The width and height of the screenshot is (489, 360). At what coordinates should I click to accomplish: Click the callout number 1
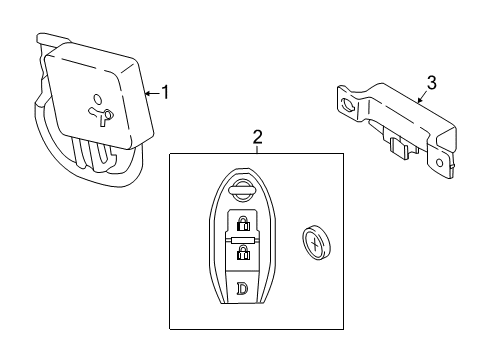point(166,92)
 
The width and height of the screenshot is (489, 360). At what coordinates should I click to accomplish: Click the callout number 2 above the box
point(257,137)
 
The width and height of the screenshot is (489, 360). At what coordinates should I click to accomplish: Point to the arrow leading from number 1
point(152,93)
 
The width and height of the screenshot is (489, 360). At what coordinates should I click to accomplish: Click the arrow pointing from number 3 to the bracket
point(420,97)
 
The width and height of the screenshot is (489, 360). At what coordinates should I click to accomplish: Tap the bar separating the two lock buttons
point(242,240)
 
